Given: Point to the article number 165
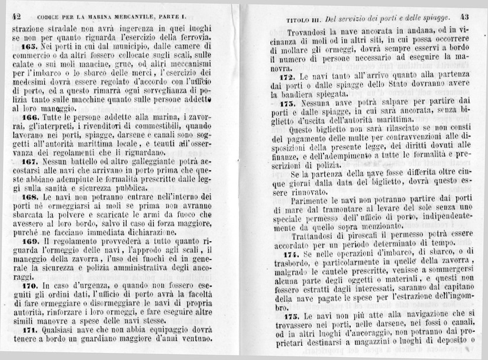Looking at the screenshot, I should (x=28, y=46).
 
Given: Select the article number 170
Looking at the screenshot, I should (x=28, y=284).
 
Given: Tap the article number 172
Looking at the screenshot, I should (x=288, y=77).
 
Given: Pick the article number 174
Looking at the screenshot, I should (x=288, y=252).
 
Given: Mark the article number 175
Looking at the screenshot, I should (x=288, y=316).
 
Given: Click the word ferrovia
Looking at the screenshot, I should (x=193, y=37).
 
